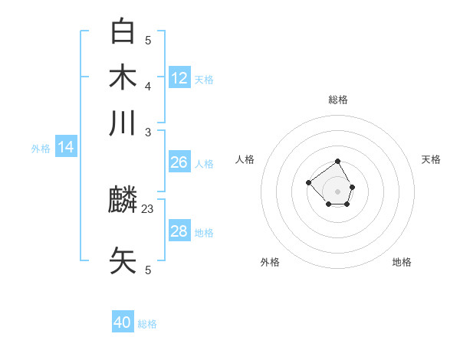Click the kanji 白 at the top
click(123, 31)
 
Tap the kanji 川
click(123, 123)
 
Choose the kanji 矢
click(123, 260)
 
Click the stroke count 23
click(148, 208)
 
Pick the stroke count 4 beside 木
click(148, 85)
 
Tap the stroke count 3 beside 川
click(148, 132)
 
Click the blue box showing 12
click(179, 77)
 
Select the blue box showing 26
click(179, 162)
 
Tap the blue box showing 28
click(179, 231)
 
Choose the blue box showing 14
click(66, 147)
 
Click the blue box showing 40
click(123, 322)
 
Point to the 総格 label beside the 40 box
click(147, 324)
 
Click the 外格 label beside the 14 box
click(41, 149)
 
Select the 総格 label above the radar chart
click(338, 100)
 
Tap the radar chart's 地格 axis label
click(402, 262)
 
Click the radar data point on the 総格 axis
click(338, 161)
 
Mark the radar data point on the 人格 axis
click(308, 182)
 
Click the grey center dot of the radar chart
click(338, 191)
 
